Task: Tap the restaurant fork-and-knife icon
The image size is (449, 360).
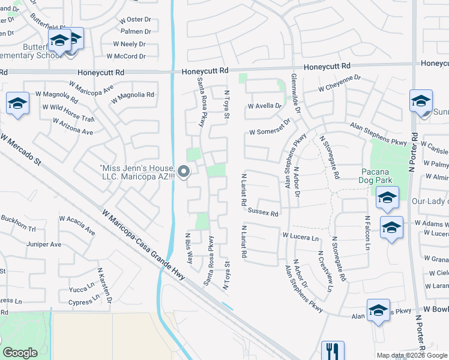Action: click(x=333, y=351)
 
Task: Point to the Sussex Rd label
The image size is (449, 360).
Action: click(x=264, y=212)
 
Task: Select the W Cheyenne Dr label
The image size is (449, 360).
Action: click(x=339, y=83)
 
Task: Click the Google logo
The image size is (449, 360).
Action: click(x=20, y=353)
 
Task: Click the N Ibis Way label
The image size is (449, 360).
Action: click(x=189, y=247)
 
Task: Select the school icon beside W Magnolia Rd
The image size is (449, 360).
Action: click(x=18, y=104)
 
